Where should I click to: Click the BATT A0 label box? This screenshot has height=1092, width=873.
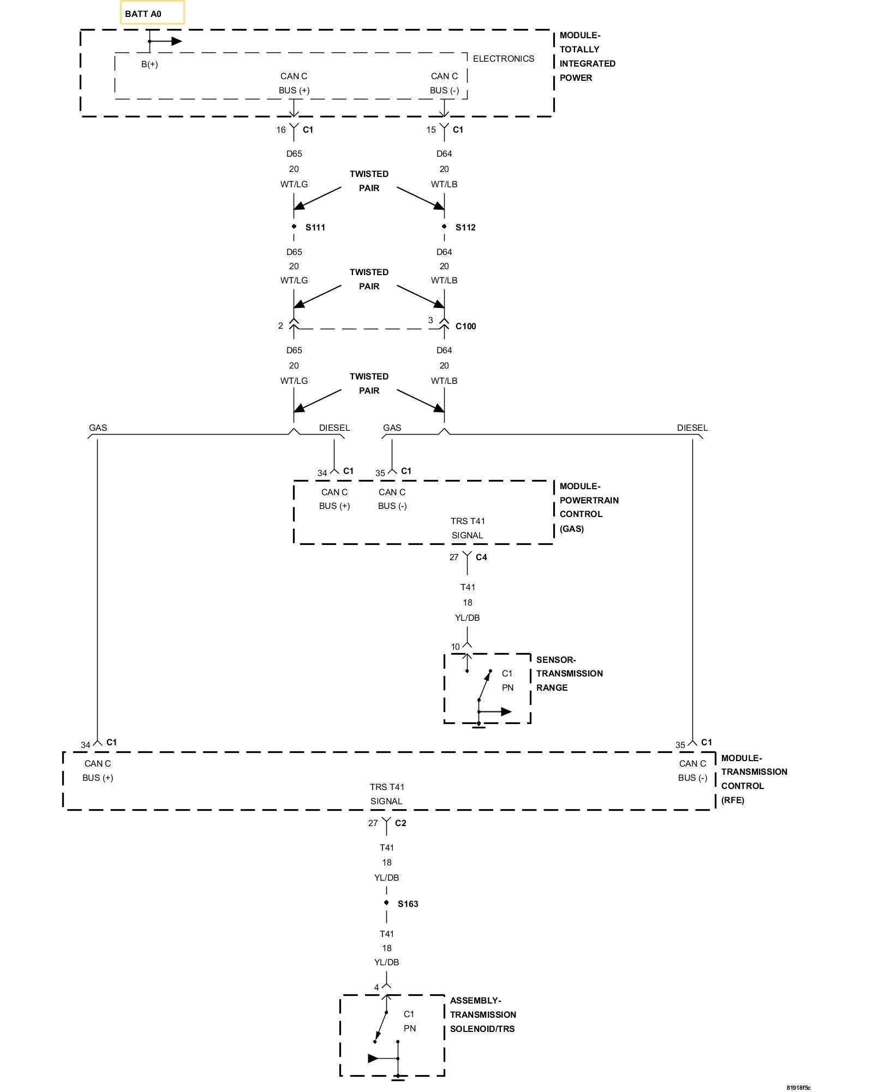point(152,13)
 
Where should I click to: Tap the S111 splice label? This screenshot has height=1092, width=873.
point(315,228)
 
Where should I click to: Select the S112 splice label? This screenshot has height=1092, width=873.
point(465,228)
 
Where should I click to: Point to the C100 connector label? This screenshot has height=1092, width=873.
point(465,327)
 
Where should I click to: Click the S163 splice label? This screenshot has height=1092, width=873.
point(408,904)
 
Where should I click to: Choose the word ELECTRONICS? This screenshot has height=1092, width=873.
point(503,59)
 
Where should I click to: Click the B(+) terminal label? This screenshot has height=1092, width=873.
point(150,64)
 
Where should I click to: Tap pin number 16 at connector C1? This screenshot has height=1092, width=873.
point(281,130)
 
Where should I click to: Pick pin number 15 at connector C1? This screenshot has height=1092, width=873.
point(431,130)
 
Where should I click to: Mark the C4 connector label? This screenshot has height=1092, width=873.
point(481,557)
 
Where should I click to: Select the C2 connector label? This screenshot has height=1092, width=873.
point(400,823)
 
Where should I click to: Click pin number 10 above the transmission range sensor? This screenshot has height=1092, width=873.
point(455,647)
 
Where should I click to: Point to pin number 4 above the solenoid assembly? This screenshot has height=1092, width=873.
point(376,988)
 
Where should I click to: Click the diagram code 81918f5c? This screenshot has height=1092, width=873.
point(798,1088)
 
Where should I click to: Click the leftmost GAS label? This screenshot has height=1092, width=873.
point(98,428)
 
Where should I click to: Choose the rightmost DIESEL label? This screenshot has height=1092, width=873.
point(692,428)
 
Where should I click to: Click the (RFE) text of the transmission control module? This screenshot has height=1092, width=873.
point(732,800)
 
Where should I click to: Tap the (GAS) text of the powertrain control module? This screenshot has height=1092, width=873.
point(571,529)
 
